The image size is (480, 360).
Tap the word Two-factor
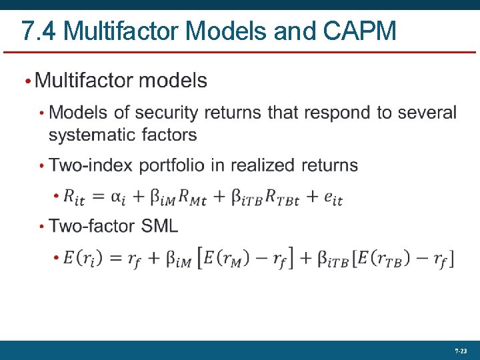tap(93, 226)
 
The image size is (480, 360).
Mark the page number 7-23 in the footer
tap(460, 351)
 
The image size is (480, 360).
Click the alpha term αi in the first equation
tap(117, 197)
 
